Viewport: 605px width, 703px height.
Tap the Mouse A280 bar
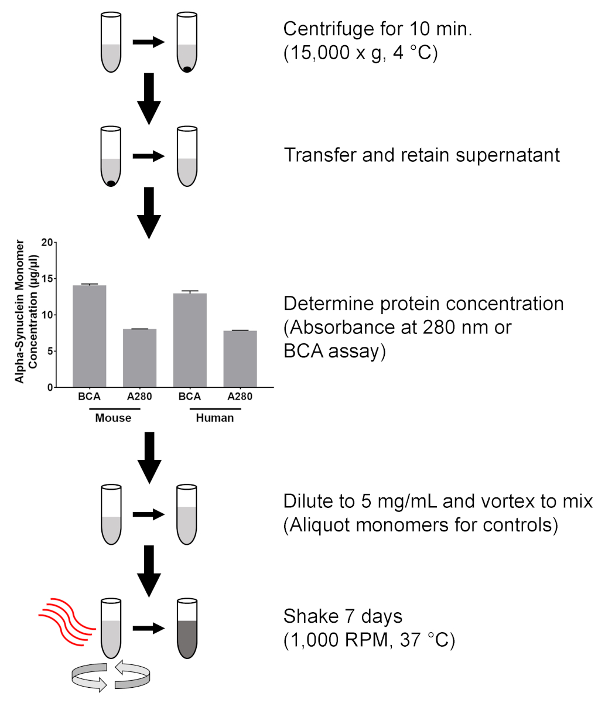tap(139, 358)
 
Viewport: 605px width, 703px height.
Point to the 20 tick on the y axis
tap(47, 242)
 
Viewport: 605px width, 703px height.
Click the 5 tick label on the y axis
tap(49, 351)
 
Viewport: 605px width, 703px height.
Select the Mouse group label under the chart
tap(113, 418)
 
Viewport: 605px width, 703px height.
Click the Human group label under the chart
tap(214, 418)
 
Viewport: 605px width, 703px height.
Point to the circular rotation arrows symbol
tap(111, 676)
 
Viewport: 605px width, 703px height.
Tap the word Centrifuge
tap(329, 29)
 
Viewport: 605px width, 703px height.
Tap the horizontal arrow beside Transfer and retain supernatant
tap(149, 156)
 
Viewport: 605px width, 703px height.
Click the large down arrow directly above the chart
tap(149, 214)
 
